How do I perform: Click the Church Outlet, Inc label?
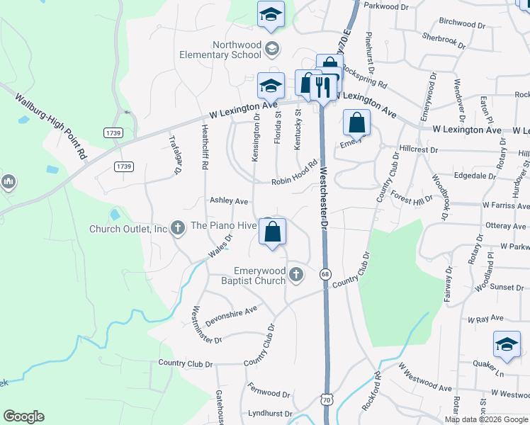click(128, 229)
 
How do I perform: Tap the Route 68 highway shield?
click(325, 274)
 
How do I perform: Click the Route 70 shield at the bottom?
click(325, 400)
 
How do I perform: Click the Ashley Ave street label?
click(228, 201)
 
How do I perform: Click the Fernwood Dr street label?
click(269, 390)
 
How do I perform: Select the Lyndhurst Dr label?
click(270, 413)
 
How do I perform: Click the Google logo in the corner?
click(23, 416)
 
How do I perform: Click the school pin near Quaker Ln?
click(506, 345)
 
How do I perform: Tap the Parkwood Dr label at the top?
click(386, 6)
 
